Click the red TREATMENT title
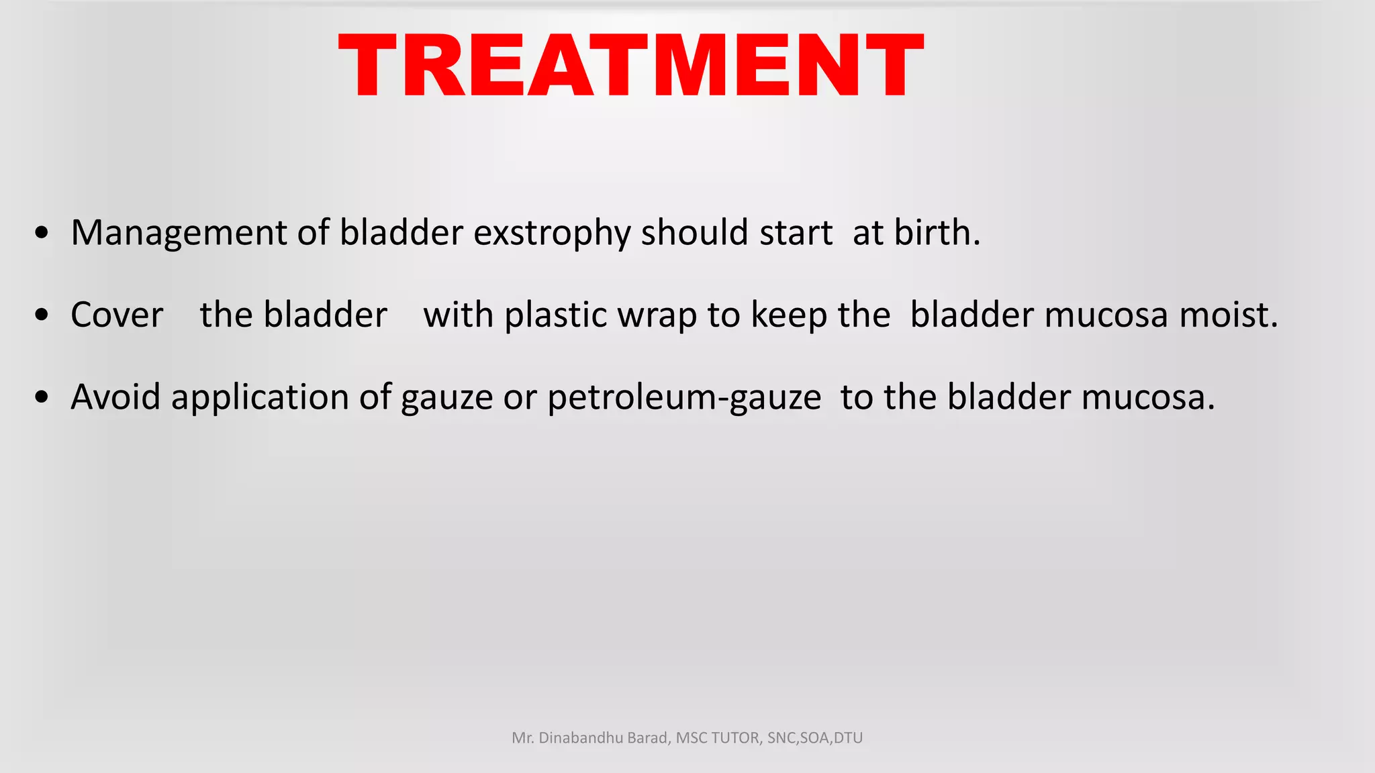coord(631,66)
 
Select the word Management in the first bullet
coord(179,233)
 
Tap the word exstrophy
coord(552,233)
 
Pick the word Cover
coord(117,315)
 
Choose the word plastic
coord(555,315)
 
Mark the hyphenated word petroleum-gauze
coord(684,398)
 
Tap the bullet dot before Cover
coord(42,316)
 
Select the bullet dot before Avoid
coord(42,398)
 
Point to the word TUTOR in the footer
coord(735,738)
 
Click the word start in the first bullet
coord(796,233)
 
